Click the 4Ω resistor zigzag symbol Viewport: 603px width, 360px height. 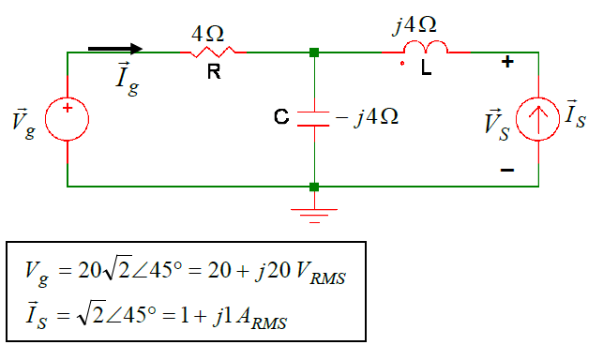tap(214, 52)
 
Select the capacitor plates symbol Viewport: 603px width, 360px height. tap(313, 118)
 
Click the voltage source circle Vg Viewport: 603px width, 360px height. tap(68, 119)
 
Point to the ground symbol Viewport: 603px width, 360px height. tap(313, 213)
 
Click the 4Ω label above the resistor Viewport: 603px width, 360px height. tap(207, 34)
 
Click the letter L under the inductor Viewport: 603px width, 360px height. tap(427, 69)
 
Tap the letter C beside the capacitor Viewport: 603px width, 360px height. tap(280, 118)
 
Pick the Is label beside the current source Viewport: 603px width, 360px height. tap(579, 116)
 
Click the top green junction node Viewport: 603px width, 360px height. tap(313, 52)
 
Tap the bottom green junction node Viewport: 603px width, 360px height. tap(313, 187)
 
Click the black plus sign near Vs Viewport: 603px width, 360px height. tap(507, 63)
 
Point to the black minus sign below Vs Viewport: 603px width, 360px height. tap(507, 170)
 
